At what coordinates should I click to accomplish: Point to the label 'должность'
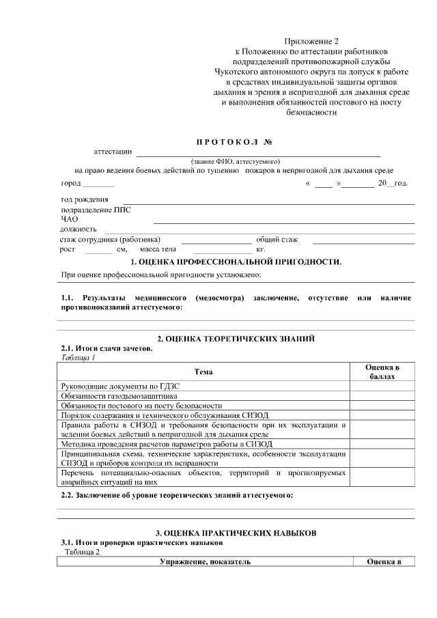79,229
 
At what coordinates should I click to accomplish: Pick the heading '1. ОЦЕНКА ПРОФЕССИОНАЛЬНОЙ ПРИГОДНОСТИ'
236,262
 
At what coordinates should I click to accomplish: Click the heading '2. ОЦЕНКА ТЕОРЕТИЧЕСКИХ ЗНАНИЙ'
236,339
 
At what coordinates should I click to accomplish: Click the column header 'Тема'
203,372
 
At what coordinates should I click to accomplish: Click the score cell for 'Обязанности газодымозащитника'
382,395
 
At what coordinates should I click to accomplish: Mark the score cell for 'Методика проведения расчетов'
382,444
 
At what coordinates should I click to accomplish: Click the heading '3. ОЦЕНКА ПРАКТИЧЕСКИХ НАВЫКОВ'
236,532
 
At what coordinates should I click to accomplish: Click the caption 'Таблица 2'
83,552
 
